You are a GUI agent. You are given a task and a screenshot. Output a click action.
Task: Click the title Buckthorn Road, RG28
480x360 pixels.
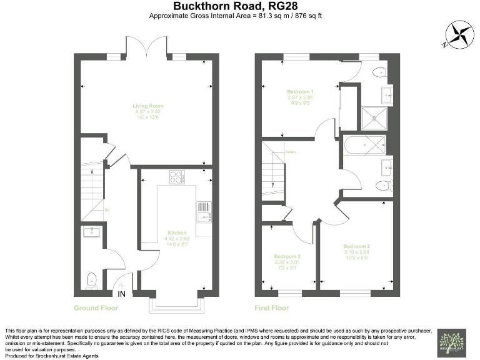(x=241, y=7)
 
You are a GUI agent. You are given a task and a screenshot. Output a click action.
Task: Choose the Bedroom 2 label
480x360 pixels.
(x=357, y=247)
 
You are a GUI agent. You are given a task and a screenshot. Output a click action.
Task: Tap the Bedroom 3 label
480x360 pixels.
(x=287, y=257)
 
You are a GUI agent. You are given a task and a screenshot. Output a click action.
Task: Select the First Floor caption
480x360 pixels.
(x=272, y=308)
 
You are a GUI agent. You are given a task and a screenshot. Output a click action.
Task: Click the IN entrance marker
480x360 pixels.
(x=121, y=294)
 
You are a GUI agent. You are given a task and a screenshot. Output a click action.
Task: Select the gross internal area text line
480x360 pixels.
(x=241, y=17)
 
